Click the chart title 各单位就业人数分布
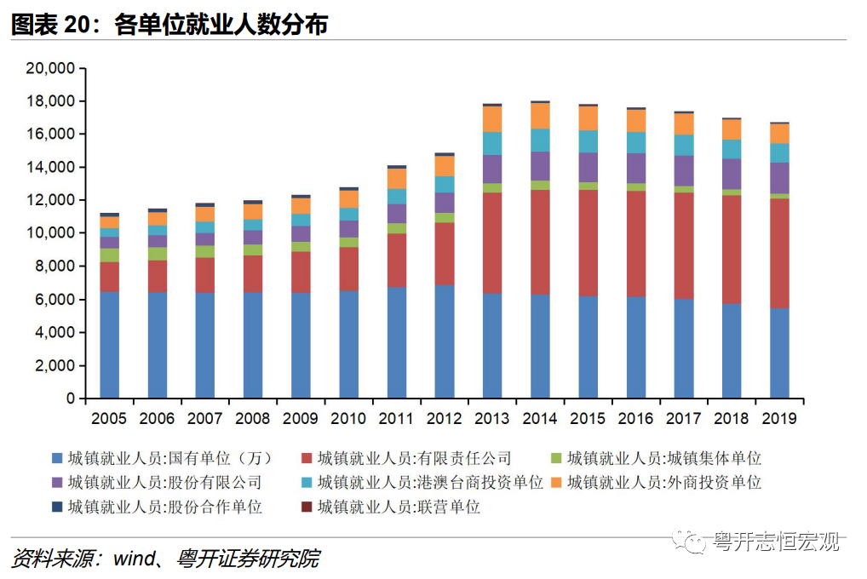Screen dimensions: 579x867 (x=221, y=25)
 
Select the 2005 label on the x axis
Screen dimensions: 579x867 (x=109, y=419)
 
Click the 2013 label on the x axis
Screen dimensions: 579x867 (x=491, y=419)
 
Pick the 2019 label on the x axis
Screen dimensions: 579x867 (x=778, y=419)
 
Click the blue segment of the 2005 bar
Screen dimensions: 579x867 (x=109, y=345)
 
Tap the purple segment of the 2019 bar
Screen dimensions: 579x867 (x=778, y=178)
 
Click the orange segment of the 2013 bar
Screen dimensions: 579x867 (x=491, y=119)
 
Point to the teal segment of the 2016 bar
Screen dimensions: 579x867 (x=635, y=142)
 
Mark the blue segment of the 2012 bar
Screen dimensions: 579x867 (x=444, y=341)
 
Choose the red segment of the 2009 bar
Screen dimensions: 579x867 (x=301, y=272)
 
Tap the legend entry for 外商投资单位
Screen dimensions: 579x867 (x=663, y=483)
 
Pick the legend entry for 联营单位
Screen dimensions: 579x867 (x=399, y=507)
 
